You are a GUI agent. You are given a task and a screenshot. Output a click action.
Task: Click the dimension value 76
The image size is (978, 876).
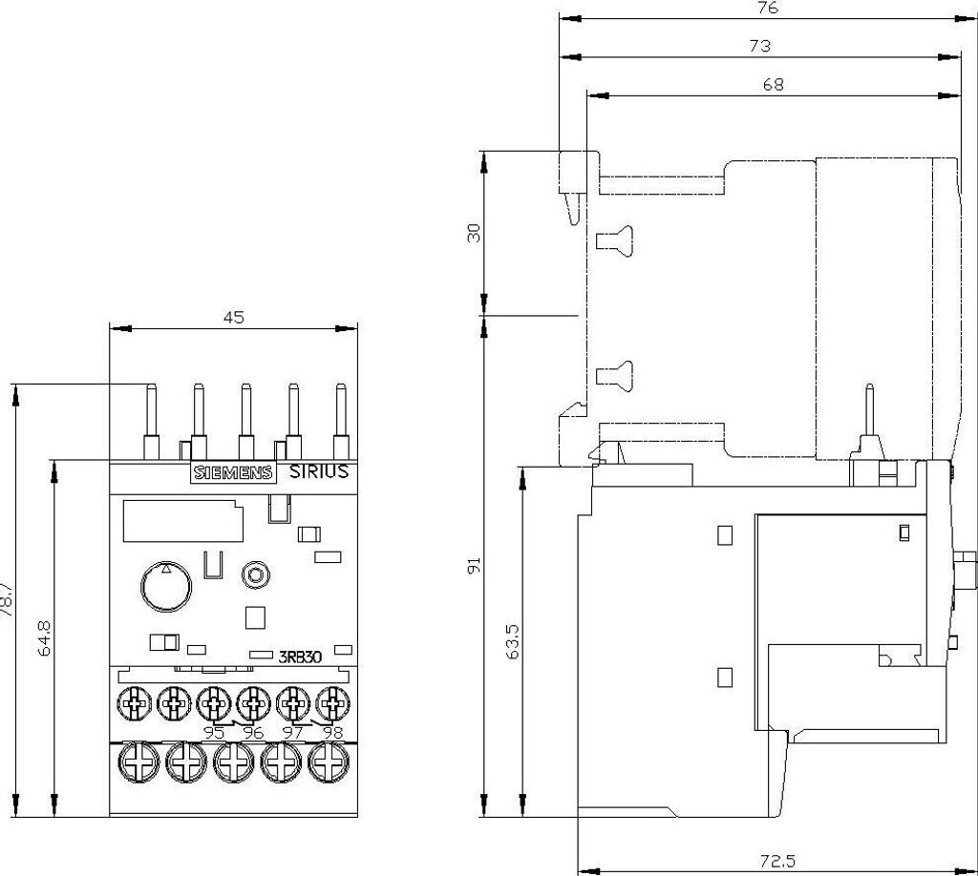769,8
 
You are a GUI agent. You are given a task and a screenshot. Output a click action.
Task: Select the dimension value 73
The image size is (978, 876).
760,46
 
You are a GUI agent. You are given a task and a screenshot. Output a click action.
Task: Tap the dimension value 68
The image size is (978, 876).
773,84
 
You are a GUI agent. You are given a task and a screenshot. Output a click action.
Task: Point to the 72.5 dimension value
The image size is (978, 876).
777,862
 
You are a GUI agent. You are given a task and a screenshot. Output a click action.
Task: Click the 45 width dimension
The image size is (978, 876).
235,319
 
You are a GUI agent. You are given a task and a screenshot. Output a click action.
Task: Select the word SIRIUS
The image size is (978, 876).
318,472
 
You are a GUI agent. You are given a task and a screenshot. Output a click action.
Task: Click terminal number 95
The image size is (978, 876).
215,733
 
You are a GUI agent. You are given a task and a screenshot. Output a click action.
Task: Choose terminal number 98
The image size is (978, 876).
332,733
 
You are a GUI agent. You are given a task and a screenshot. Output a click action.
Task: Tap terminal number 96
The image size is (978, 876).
253,733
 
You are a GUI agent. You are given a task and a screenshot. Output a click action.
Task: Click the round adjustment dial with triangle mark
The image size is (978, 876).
165,583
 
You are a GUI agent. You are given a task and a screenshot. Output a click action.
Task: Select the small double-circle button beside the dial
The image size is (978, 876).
254,575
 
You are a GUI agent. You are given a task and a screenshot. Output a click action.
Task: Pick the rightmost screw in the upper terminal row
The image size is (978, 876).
331,706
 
